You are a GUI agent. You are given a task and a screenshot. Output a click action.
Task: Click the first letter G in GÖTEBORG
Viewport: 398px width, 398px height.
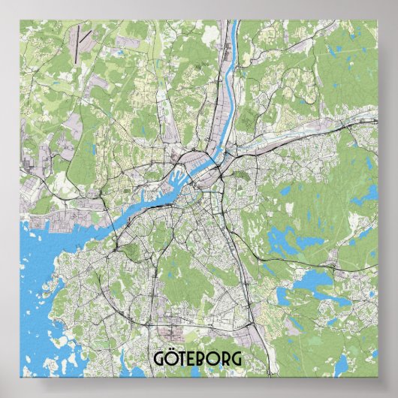160,359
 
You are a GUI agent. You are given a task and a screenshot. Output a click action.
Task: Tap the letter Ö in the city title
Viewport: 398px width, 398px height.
173,360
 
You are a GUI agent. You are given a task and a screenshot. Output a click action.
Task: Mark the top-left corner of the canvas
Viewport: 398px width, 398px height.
20,20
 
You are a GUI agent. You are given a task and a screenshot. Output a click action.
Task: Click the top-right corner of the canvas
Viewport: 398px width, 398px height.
378,20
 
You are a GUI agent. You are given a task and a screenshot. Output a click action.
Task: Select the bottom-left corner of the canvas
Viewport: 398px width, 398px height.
20,377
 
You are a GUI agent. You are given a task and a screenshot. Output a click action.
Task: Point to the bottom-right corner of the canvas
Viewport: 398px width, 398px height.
378,377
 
